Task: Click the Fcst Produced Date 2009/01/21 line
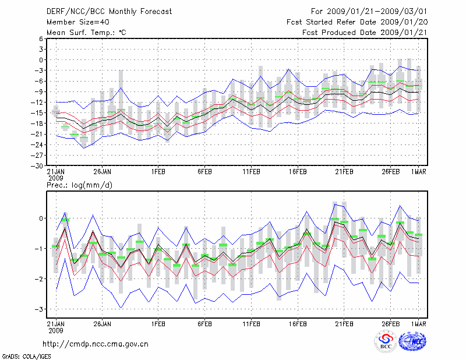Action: [363, 33]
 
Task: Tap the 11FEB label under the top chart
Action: [251, 172]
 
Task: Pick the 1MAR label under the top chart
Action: [416, 172]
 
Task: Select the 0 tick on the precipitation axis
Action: [41, 218]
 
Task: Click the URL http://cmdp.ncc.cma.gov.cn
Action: [96, 344]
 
